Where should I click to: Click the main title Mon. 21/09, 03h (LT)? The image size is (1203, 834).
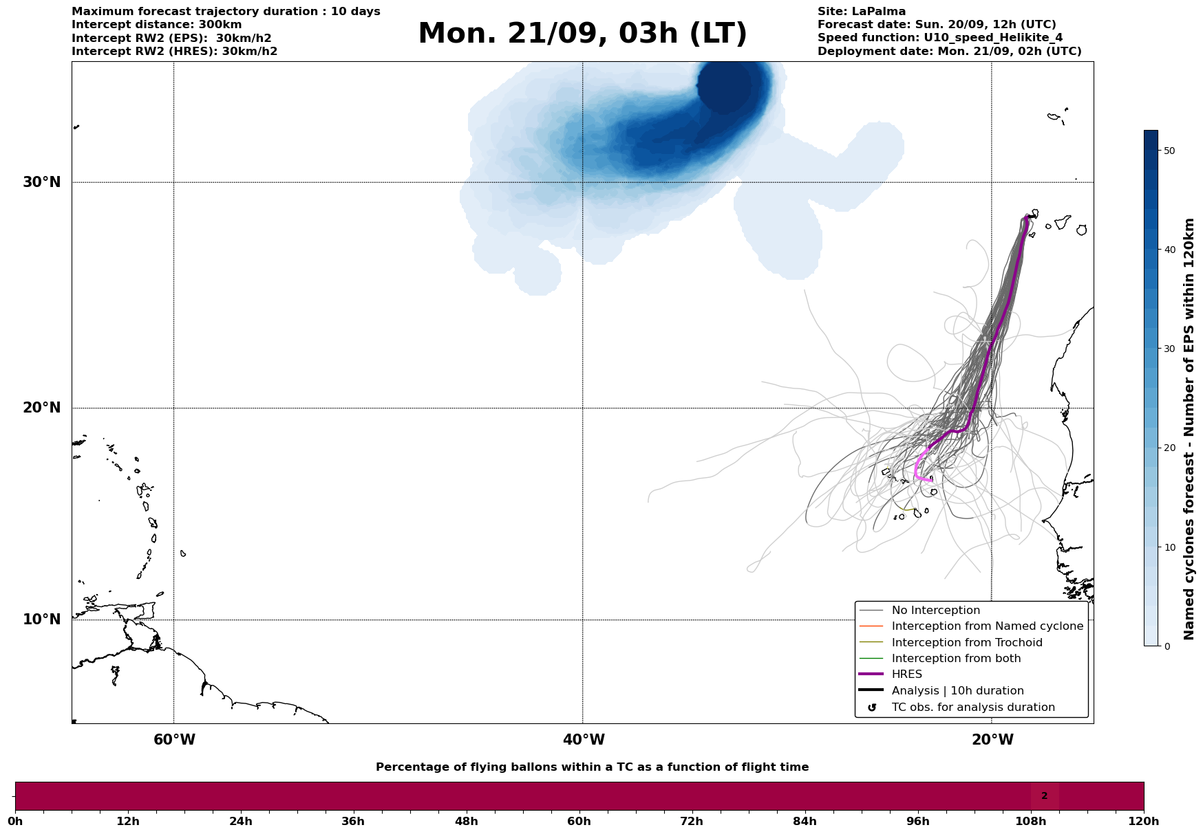(582, 34)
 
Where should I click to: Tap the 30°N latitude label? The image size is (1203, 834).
(42, 182)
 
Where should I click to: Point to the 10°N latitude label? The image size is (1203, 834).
(42, 619)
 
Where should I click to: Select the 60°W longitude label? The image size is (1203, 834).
(174, 740)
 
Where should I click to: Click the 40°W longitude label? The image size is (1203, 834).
(584, 740)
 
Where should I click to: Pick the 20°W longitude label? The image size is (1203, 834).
(992, 740)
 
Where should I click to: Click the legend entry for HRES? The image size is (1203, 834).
(906, 674)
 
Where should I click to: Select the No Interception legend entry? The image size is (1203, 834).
(935, 611)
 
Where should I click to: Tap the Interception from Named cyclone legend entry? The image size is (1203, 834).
(987, 626)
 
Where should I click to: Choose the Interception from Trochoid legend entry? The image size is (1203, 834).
(966, 643)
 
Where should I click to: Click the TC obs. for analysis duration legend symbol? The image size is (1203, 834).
(872, 707)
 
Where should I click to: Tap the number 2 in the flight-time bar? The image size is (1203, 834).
(1044, 796)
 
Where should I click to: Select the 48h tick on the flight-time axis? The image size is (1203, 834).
(466, 821)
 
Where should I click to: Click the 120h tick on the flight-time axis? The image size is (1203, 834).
(1144, 821)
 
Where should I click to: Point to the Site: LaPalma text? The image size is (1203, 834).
(862, 12)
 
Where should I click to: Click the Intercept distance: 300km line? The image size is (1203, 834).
(157, 25)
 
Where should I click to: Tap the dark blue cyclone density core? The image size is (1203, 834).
(724, 87)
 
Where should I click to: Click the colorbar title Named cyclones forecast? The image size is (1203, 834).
(1189, 429)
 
